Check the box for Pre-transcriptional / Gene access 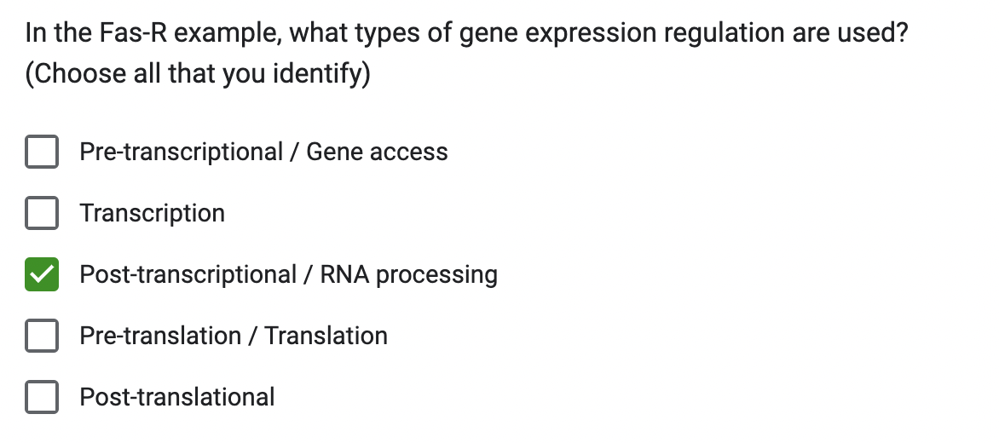[42, 152]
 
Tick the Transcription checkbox [42, 213]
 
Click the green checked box [42, 274]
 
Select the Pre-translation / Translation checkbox [42, 336]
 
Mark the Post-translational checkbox [42, 397]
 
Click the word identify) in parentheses [321, 74]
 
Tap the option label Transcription [153, 213]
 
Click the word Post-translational [177, 397]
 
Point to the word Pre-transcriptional [181, 152]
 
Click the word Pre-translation [160, 336]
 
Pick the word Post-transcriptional [188, 274]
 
